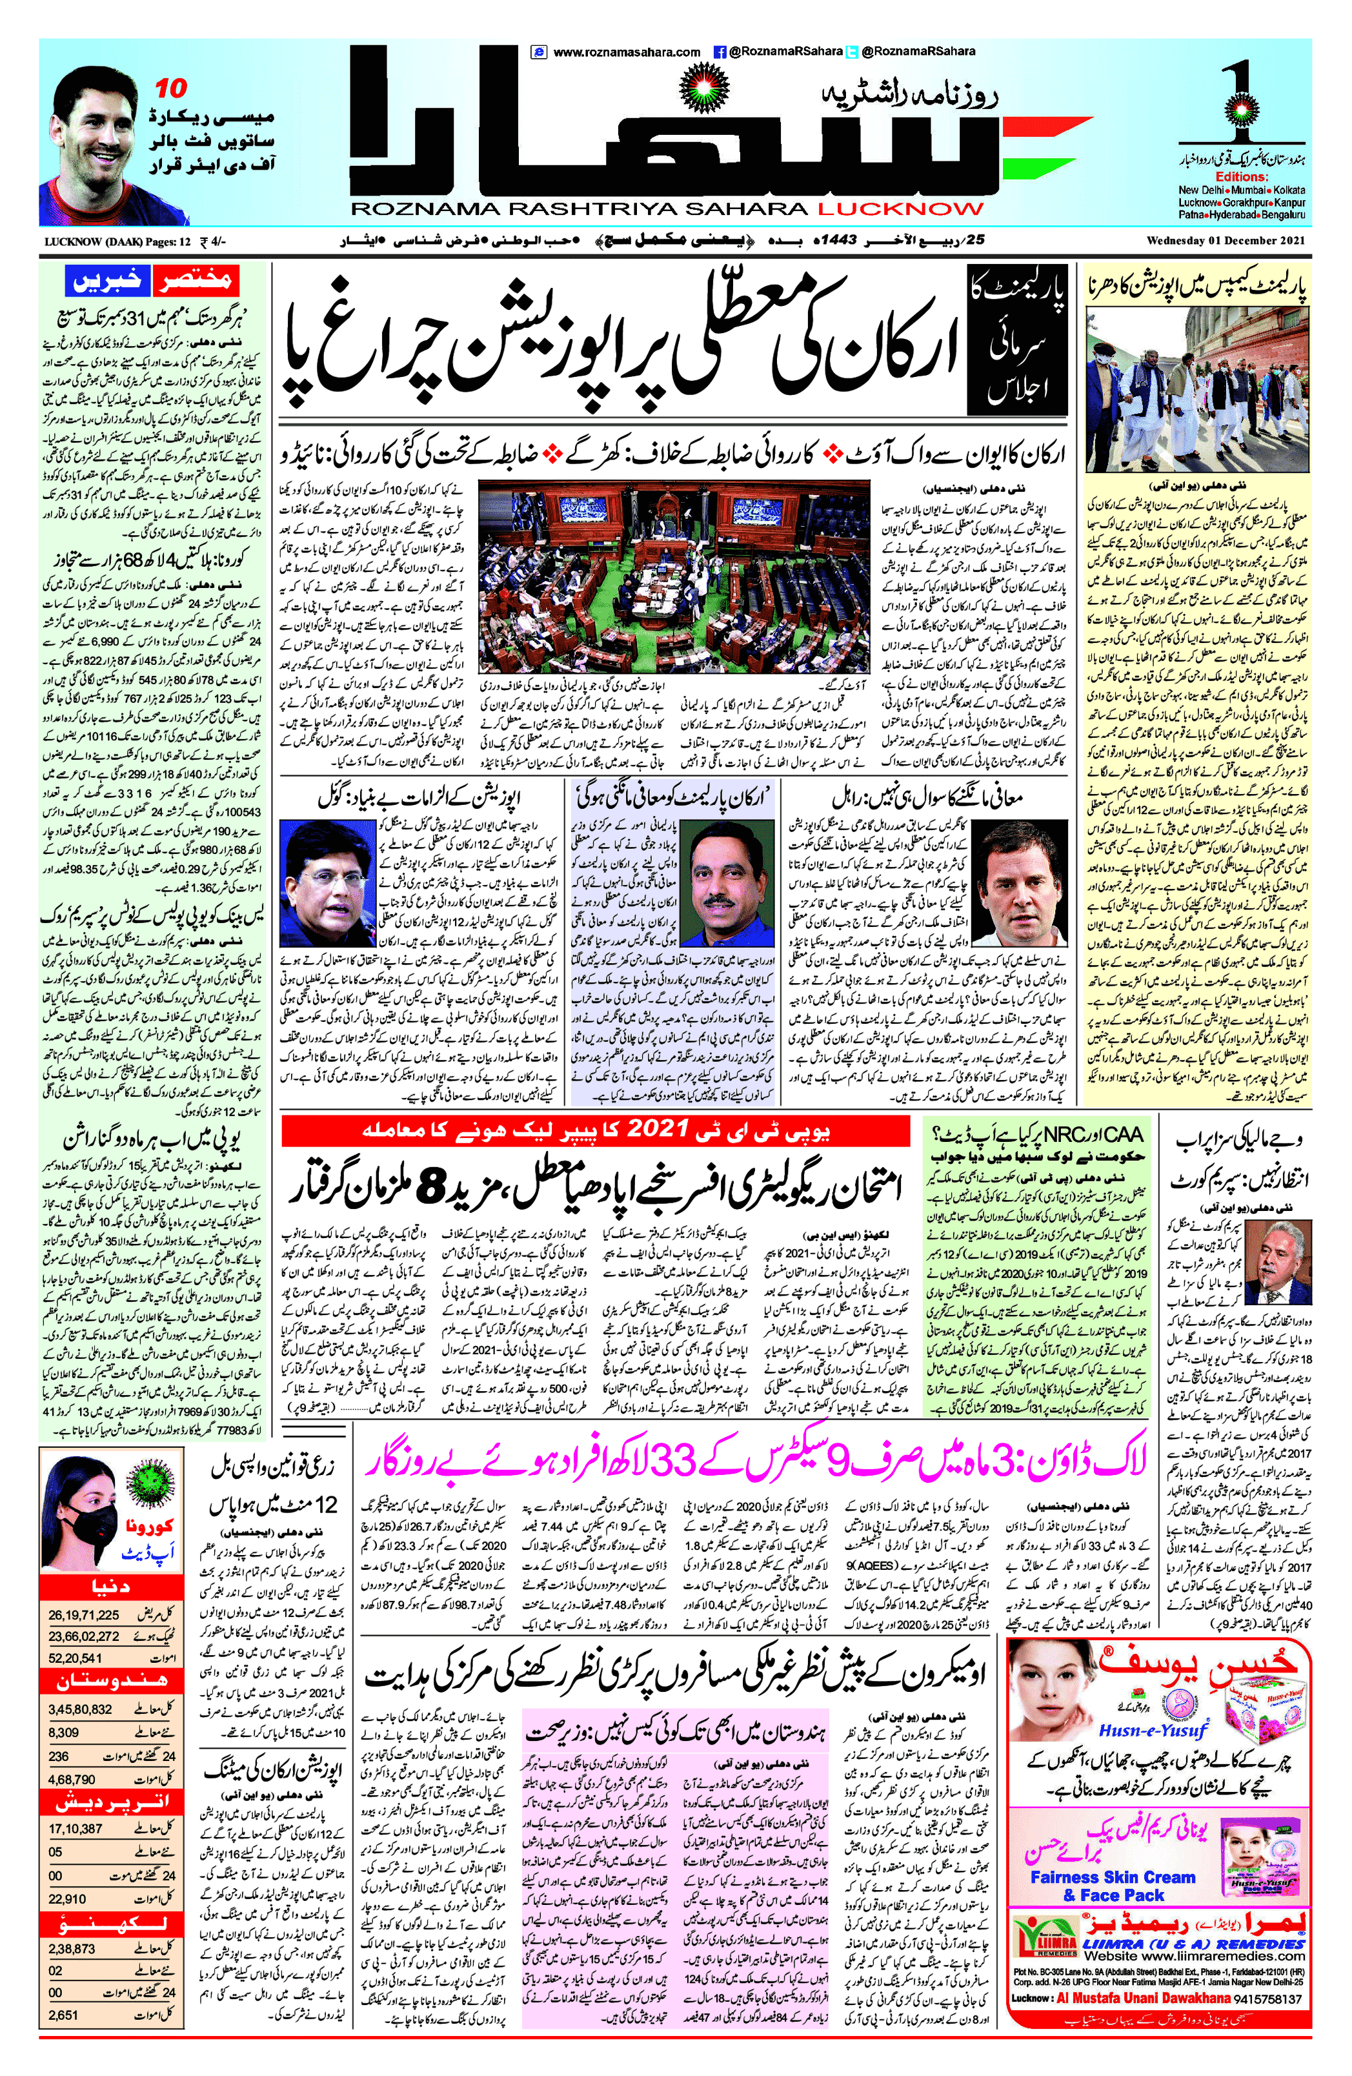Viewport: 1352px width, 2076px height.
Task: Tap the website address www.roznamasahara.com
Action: point(626,52)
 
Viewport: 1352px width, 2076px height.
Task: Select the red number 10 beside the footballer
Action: point(171,88)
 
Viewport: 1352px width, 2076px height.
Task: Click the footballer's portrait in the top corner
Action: point(92,145)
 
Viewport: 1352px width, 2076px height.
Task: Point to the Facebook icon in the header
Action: point(720,52)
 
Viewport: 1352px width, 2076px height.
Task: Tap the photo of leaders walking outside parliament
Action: point(1198,384)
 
